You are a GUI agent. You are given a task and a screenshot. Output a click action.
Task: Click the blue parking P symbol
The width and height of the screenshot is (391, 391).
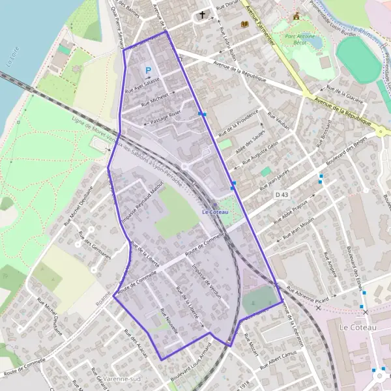149,70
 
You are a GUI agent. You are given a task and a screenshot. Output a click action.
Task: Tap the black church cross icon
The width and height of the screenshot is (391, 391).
202,14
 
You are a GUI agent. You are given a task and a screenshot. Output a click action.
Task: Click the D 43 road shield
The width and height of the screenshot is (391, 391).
282,194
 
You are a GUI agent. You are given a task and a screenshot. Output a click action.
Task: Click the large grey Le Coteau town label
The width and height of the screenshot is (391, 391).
358,327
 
